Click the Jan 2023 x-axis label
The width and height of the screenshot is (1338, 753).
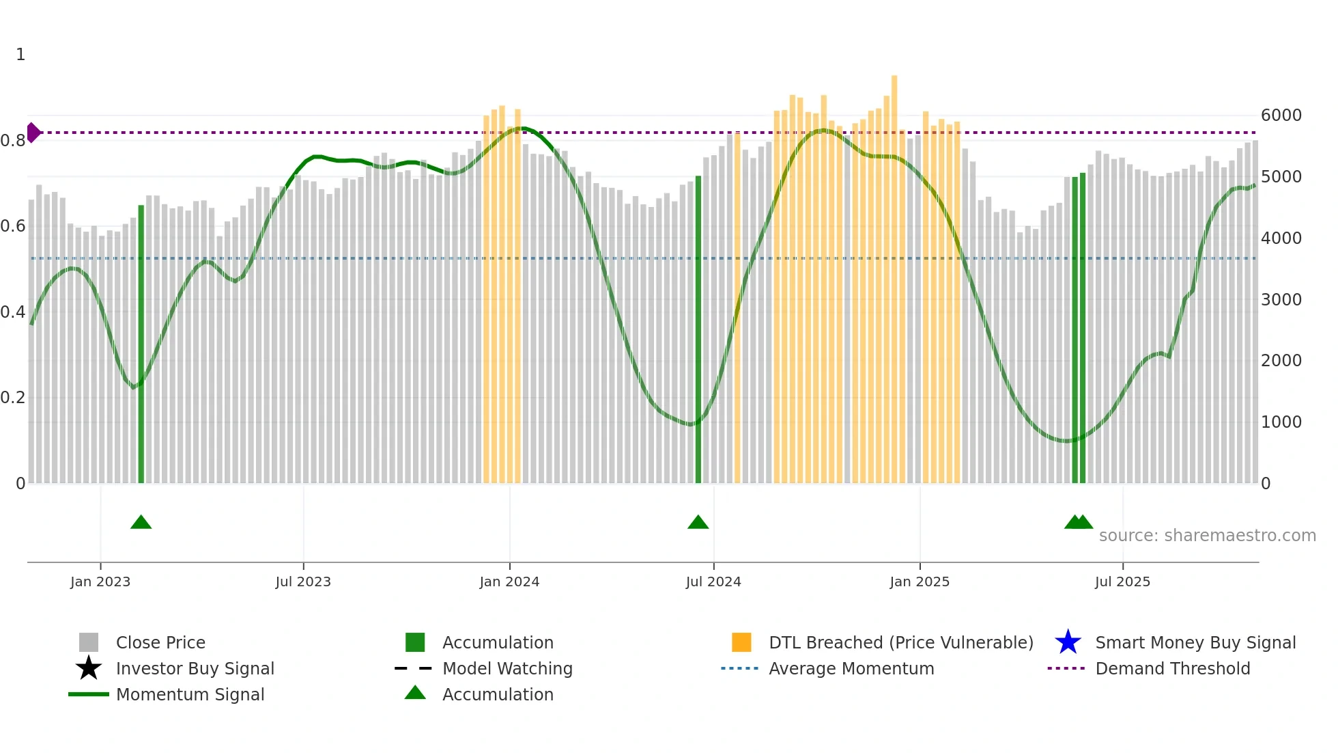point(100,581)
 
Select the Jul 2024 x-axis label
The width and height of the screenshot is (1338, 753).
point(713,581)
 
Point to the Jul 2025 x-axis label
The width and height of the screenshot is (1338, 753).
point(1122,581)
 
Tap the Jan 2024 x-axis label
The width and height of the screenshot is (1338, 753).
point(509,581)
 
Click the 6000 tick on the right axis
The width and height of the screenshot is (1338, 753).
point(1281,115)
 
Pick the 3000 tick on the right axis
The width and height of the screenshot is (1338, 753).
point(1281,299)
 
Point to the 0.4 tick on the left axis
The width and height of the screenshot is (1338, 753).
point(13,312)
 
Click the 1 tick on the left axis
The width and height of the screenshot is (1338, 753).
point(20,55)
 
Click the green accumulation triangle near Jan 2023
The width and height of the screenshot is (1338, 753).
point(141,523)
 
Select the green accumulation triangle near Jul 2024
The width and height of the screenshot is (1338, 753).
point(698,523)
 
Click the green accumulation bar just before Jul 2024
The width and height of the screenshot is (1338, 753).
point(698,328)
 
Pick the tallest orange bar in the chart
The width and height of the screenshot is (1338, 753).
point(894,273)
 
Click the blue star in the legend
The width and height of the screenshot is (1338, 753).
point(1068,642)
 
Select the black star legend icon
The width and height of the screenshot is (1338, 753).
point(89,668)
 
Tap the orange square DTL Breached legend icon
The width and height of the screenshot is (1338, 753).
point(741,642)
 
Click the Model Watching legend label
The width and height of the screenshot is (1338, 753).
point(507,668)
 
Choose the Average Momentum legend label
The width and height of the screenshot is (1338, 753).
point(851,668)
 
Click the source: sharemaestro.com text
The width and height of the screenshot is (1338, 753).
point(1207,536)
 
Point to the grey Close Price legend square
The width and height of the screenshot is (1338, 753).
point(89,642)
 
